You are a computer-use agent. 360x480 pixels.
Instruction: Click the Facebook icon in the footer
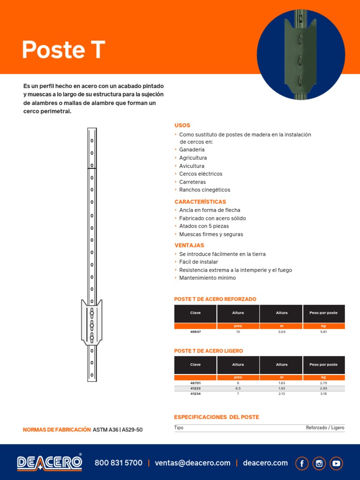[x=302, y=463]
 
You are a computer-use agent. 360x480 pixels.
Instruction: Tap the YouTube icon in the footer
[x=336, y=463]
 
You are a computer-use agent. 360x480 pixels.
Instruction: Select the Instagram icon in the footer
[x=319, y=463]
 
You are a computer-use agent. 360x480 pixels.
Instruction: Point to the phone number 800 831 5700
[x=119, y=463]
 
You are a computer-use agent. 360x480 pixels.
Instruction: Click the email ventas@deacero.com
[x=193, y=463]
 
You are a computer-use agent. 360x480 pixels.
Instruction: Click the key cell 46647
[x=195, y=331]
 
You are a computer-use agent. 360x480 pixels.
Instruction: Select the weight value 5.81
[x=323, y=331]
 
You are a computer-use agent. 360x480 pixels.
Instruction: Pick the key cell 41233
[x=195, y=389]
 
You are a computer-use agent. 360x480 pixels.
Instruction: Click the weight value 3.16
[x=323, y=394]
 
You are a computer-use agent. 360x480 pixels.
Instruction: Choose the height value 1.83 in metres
[x=281, y=383]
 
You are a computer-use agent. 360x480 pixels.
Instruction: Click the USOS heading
[x=182, y=126]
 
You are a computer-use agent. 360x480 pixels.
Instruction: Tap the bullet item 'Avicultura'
[x=192, y=166]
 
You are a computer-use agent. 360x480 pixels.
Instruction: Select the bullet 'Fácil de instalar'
[x=198, y=262]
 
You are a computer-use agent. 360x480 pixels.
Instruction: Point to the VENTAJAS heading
[x=189, y=245]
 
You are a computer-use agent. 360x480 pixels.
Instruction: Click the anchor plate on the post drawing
[x=92, y=323]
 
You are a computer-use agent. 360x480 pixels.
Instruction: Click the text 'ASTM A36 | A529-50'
[x=118, y=430]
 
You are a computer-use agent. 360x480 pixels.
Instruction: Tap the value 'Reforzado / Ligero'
[x=325, y=427]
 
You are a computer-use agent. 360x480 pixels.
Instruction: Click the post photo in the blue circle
[x=301, y=55]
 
